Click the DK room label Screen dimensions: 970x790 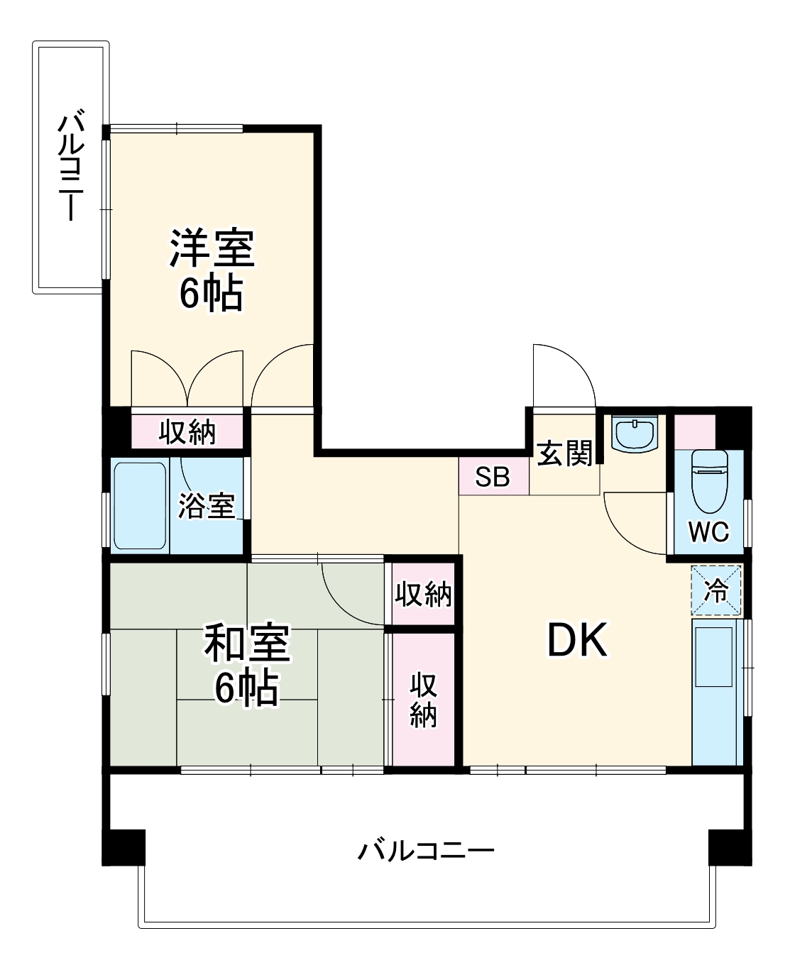pyautogui.click(x=576, y=641)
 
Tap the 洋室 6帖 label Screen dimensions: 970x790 pyautogui.click(x=212, y=270)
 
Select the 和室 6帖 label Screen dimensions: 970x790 pyautogui.click(x=246, y=663)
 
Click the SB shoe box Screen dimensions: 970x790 pyautogui.click(x=493, y=477)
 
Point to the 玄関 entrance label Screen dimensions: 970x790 pyautogui.click(x=564, y=453)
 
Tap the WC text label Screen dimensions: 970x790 pyautogui.click(x=708, y=531)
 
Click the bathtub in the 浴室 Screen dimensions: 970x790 pyautogui.click(x=140, y=505)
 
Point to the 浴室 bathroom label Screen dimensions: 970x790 pyautogui.click(x=206, y=505)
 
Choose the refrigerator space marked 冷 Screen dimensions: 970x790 pyautogui.click(x=716, y=590)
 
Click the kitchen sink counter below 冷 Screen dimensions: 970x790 pyautogui.click(x=717, y=692)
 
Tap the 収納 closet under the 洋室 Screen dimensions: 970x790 pyautogui.click(x=187, y=431)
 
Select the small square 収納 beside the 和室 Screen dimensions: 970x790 pyautogui.click(x=423, y=594)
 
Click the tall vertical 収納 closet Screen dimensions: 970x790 pyautogui.click(x=423, y=699)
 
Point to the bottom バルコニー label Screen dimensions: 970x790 pyautogui.click(x=425, y=849)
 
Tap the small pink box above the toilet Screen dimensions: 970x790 pyautogui.click(x=693, y=431)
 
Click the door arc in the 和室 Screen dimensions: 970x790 pyautogui.click(x=351, y=593)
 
